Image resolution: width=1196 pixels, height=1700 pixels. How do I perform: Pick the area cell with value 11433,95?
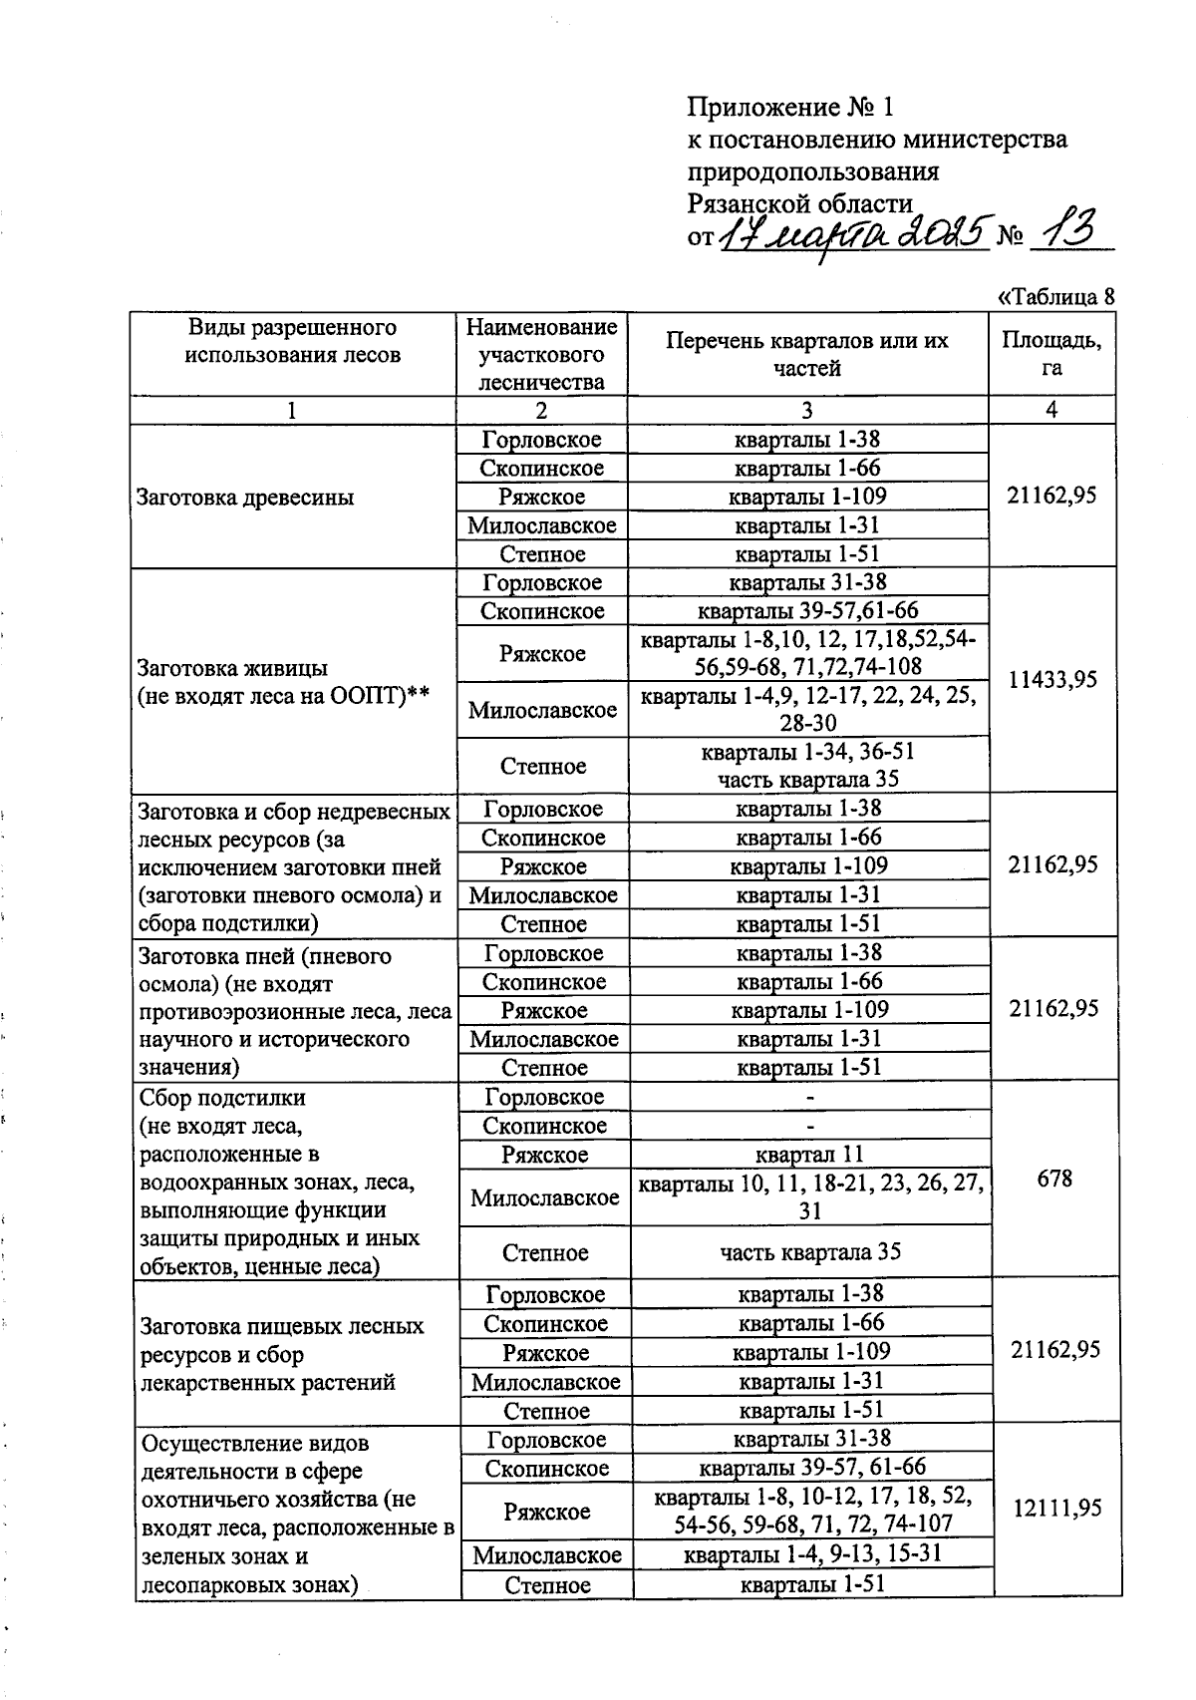(1051, 680)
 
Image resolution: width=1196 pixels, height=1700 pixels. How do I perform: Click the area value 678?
(1054, 1179)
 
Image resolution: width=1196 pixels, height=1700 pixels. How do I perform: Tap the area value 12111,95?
(1056, 1509)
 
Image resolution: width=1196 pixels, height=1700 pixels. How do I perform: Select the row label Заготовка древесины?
(245, 498)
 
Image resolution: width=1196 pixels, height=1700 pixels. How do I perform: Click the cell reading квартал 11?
(809, 1155)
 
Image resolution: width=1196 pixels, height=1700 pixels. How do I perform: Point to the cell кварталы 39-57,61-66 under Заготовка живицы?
(807, 610)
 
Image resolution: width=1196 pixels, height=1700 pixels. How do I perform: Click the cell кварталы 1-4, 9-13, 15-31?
(811, 1553)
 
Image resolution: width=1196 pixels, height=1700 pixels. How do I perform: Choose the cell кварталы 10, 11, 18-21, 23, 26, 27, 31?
(811, 1196)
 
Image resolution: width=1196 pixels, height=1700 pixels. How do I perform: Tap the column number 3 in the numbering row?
(807, 410)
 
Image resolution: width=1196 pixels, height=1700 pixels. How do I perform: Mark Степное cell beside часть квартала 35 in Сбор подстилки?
(544, 1252)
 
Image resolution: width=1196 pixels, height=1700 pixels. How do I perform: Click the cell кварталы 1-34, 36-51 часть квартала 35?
(808, 765)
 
